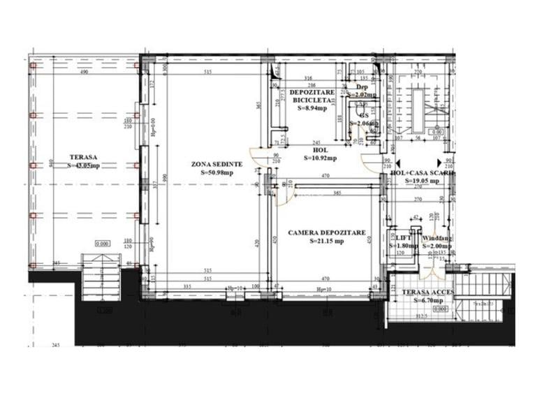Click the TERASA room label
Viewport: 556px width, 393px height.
pos(82,158)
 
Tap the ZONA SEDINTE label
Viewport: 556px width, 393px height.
pos(217,164)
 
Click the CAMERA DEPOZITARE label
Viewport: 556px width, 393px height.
pos(327,233)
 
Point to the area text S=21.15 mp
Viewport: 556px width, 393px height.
pos(327,242)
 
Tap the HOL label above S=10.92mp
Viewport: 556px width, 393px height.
pos(321,149)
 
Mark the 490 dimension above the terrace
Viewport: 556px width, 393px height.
pos(84,73)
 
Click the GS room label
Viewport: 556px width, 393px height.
pos(363,115)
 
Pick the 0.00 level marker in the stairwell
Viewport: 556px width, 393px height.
pos(437,132)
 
